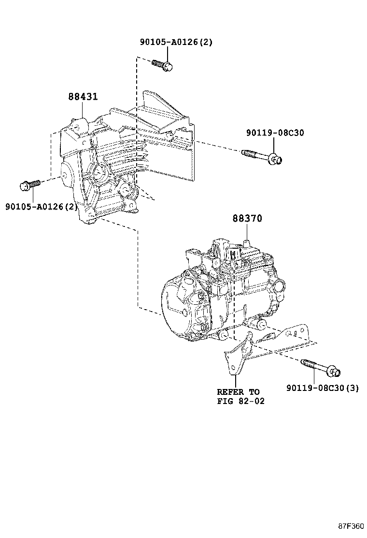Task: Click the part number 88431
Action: coord(83,97)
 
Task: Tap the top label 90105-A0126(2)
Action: coord(176,42)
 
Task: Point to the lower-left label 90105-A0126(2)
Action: coord(42,207)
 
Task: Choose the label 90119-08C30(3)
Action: coord(322,388)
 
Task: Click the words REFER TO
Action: coord(238,392)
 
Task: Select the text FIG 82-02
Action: coord(240,401)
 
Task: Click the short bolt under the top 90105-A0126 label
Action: coord(162,65)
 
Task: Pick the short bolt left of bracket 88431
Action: coord(29,185)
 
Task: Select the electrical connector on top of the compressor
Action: coord(222,249)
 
